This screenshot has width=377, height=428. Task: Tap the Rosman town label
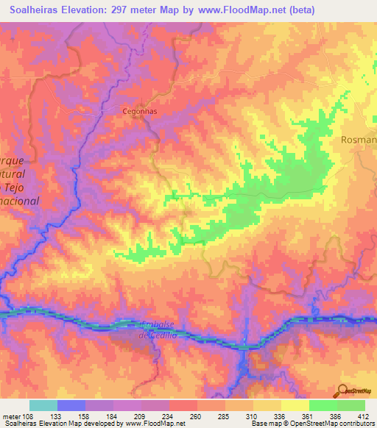click(359, 139)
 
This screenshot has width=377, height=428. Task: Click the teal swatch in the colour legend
click(43, 405)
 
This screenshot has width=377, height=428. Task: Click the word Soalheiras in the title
click(35, 10)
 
